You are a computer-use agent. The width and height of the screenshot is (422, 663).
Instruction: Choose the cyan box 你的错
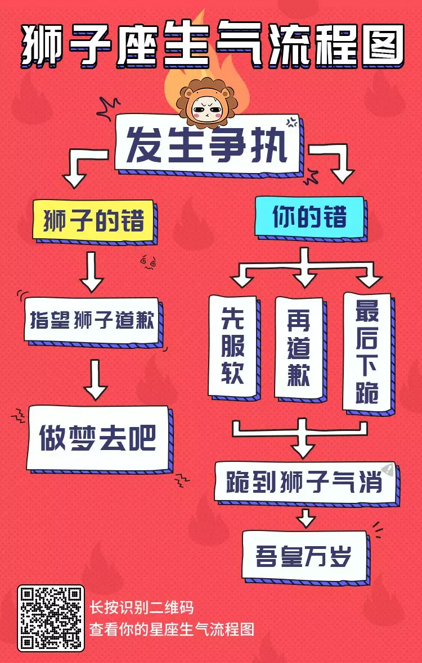coord(309,216)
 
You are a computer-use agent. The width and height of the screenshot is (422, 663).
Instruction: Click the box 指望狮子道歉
coord(92,321)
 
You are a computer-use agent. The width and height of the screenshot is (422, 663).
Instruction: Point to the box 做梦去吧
coord(97,438)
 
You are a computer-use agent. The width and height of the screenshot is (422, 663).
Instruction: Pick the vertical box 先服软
coord(232,346)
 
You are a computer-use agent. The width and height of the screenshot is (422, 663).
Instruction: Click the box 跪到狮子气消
coord(304,482)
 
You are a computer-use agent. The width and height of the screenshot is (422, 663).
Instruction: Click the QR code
coord(51,618)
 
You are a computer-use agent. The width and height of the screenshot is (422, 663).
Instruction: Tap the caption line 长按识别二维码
coord(142,607)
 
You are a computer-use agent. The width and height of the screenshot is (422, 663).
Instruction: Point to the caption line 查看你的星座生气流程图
coord(172,629)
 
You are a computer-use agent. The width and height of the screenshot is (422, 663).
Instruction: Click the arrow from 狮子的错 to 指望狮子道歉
coord(92,271)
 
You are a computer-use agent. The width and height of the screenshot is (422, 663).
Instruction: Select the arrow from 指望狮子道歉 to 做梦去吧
coord(95,379)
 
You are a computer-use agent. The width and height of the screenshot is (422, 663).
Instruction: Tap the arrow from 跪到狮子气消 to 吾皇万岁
coord(306,517)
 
